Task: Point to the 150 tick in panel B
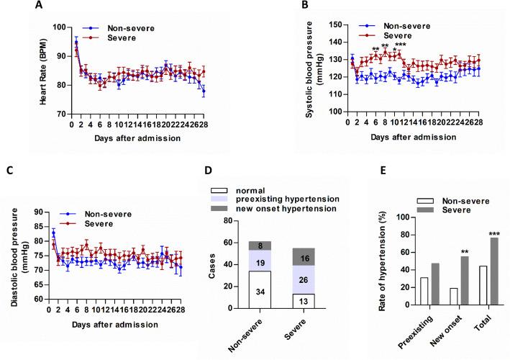coord(336,24)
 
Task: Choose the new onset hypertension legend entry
coord(273,207)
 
